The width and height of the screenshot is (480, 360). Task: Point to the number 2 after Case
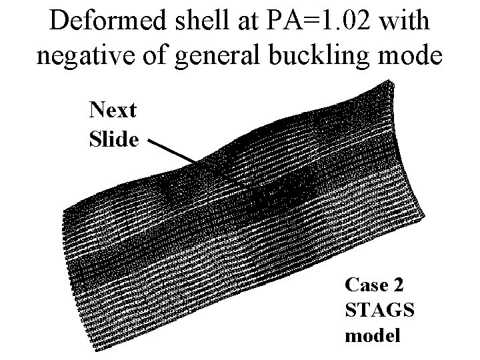pyautogui.click(x=398, y=285)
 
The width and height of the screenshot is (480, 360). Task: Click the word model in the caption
pyautogui.click(x=373, y=335)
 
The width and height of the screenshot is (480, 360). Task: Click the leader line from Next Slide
pyautogui.click(x=172, y=152)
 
